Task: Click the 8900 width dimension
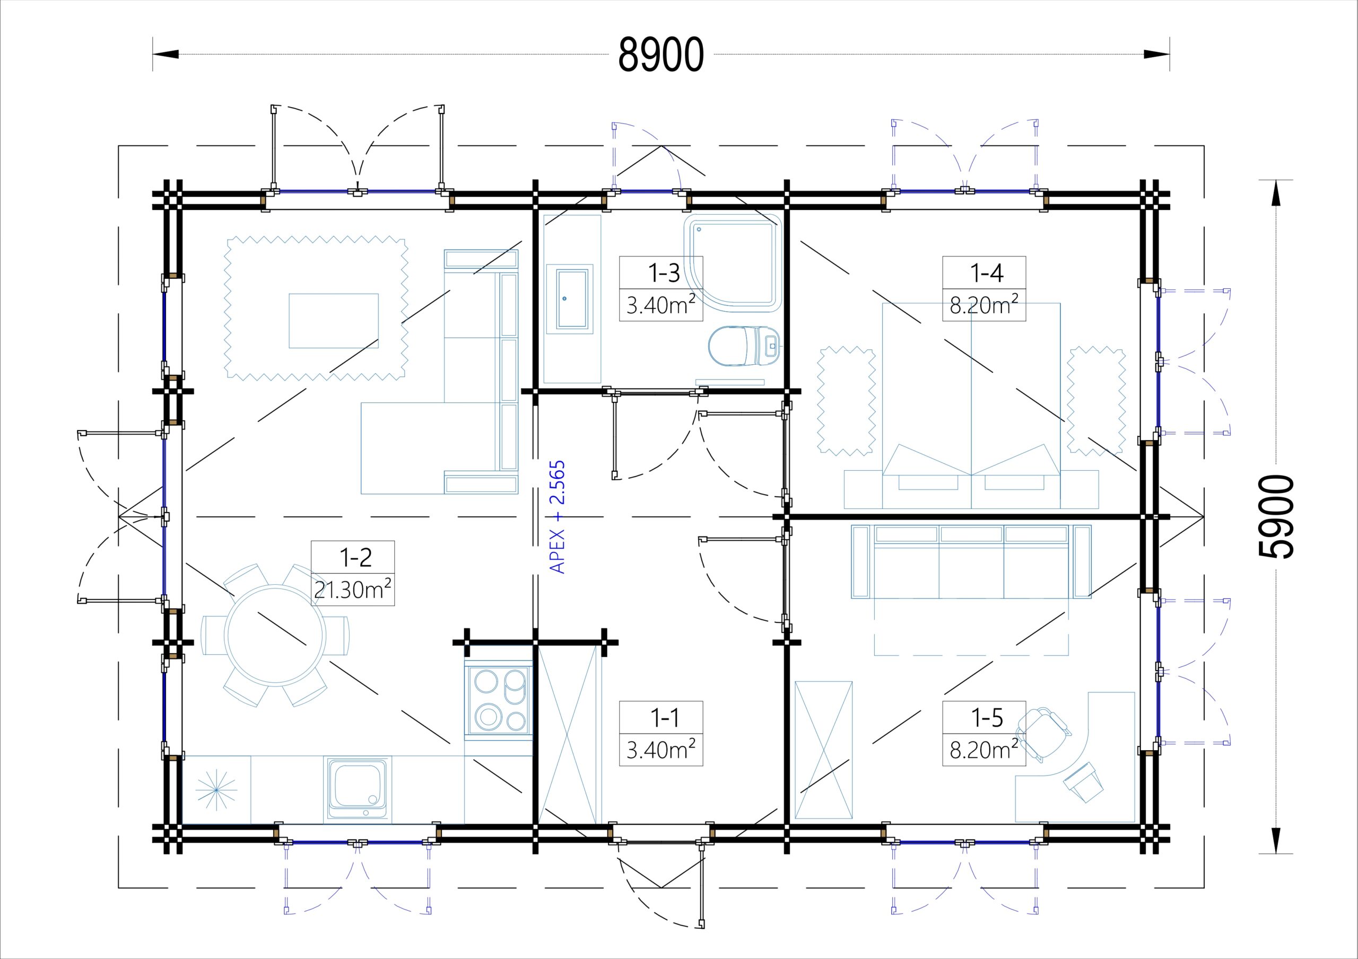(x=660, y=55)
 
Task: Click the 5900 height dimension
(x=1276, y=517)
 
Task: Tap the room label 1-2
(x=355, y=558)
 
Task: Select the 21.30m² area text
(x=353, y=590)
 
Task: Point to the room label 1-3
(x=664, y=273)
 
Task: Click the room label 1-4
(x=987, y=272)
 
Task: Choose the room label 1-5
(x=987, y=717)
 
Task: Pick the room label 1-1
(x=664, y=718)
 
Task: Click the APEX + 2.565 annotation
(x=558, y=517)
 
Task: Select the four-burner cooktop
(x=499, y=701)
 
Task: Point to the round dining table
(x=276, y=635)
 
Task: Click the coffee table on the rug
(x=334, y=320)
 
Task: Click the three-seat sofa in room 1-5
(x=971, y=561)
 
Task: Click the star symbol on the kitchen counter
(x=216, y=789)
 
